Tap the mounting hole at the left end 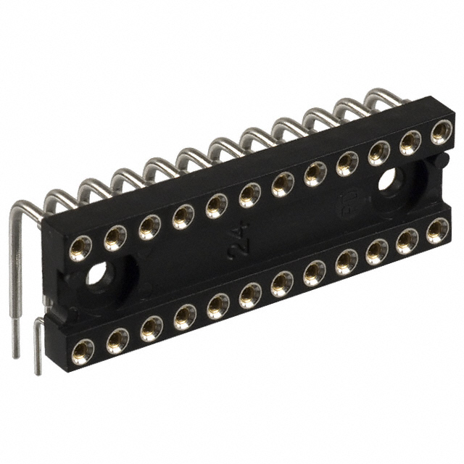[97, 275]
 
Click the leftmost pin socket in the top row [80, 249]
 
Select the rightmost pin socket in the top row [440, 132]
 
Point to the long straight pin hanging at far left [14, 290]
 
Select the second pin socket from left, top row [115, 238]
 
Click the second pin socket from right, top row [410, 142]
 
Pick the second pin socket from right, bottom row [407, 241]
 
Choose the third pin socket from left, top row [149, 227]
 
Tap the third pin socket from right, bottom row [376, 252]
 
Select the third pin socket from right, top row [378, 153]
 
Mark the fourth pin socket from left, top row [183, 217]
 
